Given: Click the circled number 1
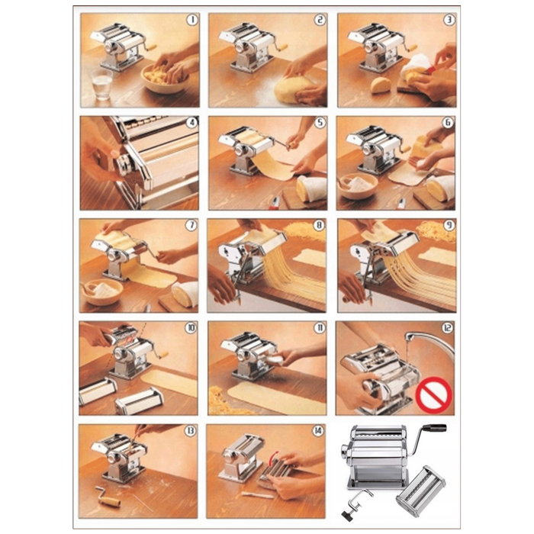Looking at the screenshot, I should (x=192, y=20).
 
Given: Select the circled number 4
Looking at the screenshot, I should (x=191, y=122).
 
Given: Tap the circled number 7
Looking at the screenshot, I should (x=191, y=226).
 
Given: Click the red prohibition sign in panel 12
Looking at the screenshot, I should (x=433, y=395).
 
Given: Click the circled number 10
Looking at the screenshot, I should (x=190, y=328).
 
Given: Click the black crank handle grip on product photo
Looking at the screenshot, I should (x=435, y=428).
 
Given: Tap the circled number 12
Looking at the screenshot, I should (x=447, y=328).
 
